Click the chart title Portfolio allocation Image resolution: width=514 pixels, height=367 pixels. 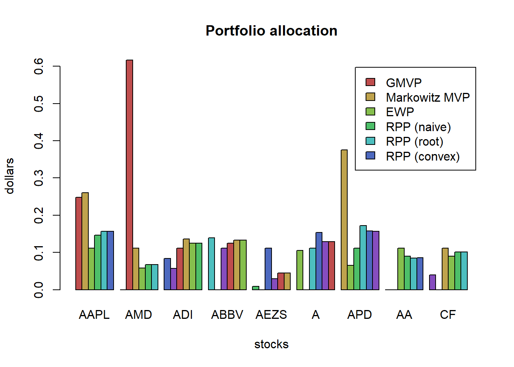point(271,31)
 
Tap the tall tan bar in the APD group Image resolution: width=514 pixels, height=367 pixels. point(344,219)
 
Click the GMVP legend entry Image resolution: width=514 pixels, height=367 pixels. point(403,83)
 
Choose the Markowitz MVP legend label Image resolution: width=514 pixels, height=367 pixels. point(428,97)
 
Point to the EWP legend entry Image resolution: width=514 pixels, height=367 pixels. point(400,112)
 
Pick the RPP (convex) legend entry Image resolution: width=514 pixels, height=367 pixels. point(423,156)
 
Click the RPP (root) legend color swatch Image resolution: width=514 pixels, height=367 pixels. point(370,141)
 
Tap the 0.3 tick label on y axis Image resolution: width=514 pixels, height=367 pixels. point(39,178)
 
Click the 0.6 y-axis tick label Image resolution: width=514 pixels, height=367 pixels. point(39,67)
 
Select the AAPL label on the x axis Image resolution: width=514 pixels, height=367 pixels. point(94,315)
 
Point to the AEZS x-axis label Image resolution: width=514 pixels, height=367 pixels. point(271,315)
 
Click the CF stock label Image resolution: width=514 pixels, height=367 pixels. point(448,315)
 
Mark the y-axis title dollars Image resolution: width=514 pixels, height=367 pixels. point(10,176)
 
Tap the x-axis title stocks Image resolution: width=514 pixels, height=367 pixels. point(271,344)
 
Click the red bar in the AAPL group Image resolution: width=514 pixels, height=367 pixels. point(79,243)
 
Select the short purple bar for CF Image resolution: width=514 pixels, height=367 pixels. point(433,282)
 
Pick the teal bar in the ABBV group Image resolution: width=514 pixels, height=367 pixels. point(211,263)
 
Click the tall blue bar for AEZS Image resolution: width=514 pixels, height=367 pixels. point(268,269)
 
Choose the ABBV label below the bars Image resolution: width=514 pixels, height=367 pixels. point(227,315)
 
